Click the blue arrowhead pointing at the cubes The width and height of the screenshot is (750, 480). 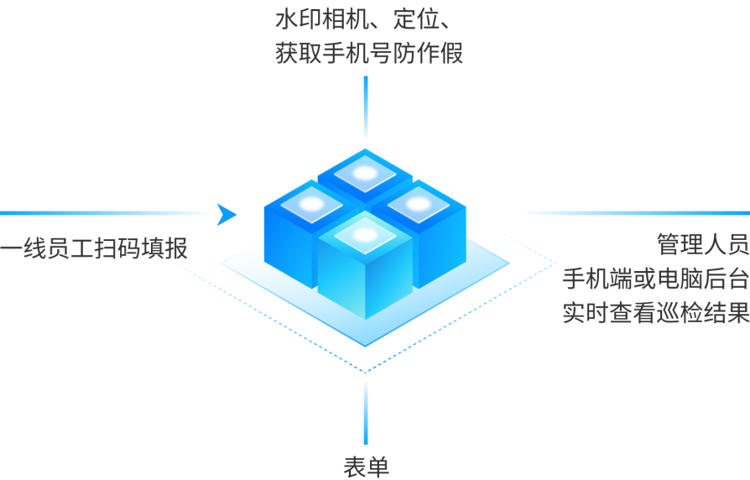(226, 214)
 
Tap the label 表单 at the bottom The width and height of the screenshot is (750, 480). (367, 466)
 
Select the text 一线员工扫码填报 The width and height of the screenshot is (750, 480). (94, 248)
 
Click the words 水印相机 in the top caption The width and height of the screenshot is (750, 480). (322, 19)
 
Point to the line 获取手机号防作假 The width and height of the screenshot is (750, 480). (369, 53)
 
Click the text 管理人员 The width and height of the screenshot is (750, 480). (703, 244)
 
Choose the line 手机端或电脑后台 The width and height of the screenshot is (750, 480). (656, 279)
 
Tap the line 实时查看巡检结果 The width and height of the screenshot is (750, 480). (656, 313)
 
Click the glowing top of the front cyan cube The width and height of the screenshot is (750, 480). (365, 235)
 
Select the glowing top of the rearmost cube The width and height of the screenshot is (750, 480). (365, 173)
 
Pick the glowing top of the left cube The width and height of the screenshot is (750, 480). (312, 205)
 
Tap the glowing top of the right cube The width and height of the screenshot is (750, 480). (418, 205)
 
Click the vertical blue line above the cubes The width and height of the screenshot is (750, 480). (366, 107)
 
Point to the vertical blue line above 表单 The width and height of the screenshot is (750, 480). (366, 413)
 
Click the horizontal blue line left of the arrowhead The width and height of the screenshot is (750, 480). (105, 213)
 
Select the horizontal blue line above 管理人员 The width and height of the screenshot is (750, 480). (636, 213)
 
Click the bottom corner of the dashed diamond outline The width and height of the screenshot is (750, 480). (365, 373)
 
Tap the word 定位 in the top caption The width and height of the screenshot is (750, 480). (415, 19)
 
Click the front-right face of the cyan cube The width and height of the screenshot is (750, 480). (389, 282)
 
